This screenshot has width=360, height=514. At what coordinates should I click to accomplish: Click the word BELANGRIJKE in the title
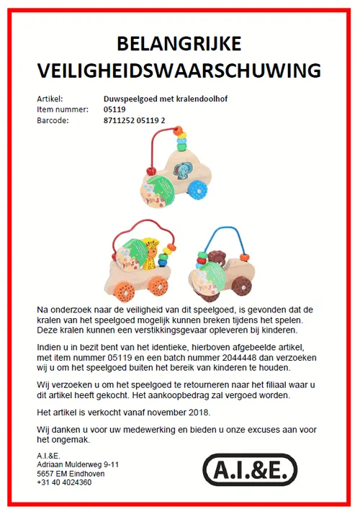(x=180, y=44)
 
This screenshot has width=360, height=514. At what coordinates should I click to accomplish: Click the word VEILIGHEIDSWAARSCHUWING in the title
(x=180, y=71)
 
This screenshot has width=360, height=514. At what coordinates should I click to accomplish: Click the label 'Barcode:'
(x=53, y=120)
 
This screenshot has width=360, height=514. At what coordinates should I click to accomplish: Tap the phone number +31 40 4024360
(x=64, y=482)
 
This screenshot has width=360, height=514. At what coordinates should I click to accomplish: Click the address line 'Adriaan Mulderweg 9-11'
(x=78, y=465)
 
